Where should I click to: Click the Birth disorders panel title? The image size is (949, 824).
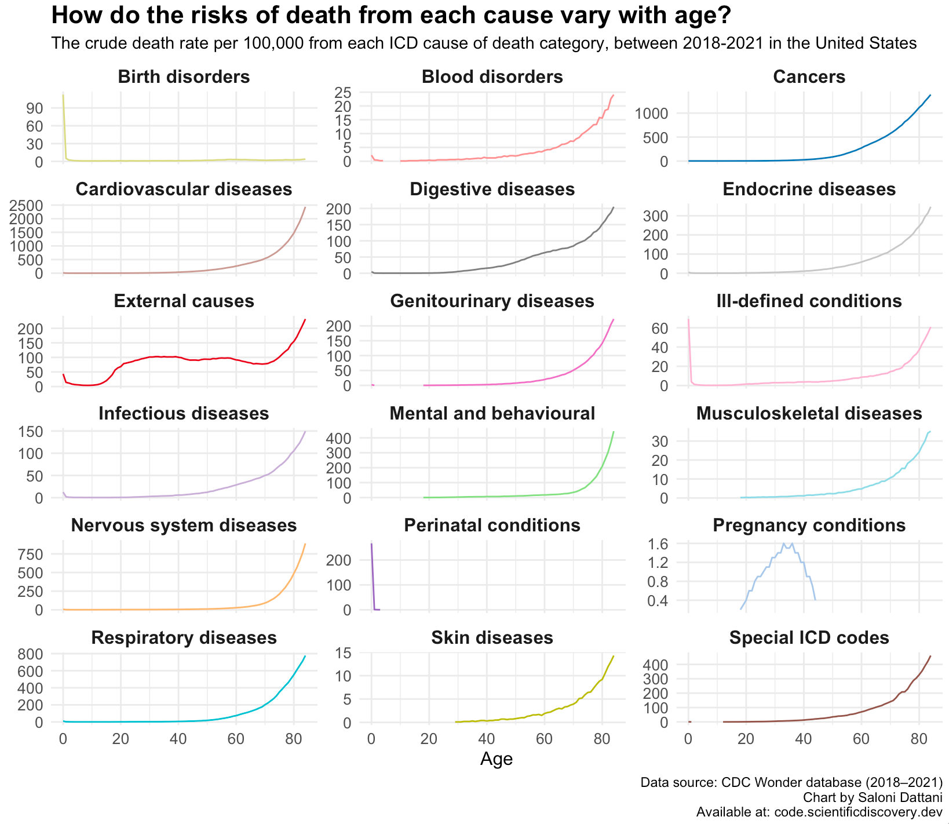(184, 77)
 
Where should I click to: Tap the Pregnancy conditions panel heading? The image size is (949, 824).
(809, 526)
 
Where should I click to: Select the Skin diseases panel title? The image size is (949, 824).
(492, 638)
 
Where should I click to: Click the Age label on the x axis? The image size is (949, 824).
(497, 759)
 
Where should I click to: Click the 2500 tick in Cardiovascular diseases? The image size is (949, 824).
(27, 205)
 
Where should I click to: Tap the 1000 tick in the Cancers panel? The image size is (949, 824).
(652, 114)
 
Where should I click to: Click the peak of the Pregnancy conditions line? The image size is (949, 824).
(784, 544)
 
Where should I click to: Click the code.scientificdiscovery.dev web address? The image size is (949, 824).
(859, 812)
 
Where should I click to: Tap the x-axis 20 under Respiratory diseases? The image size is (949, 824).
(121, 739)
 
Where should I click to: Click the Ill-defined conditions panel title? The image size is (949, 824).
(809, 301)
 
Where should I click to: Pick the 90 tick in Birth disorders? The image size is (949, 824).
(34, 108)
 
